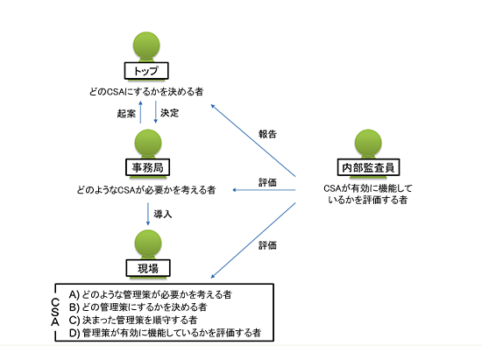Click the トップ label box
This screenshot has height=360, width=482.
coord(146,71)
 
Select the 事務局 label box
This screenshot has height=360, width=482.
coord(147,167)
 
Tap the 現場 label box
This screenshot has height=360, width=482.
coord(148,268)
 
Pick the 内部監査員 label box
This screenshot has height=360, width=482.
coord(368,167)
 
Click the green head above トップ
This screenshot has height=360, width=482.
coord(146,46)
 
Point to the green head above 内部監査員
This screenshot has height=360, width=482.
coord(368,143)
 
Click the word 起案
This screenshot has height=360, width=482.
coord(126,114)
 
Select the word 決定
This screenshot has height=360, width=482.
coord(169,113)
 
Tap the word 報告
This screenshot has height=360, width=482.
coord(267,134)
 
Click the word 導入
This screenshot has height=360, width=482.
coord(163,214)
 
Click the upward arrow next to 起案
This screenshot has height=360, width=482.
coord(141,112)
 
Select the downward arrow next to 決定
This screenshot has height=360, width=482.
coord(155,112)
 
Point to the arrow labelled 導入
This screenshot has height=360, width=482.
coord(148,214)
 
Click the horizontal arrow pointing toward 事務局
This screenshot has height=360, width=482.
coord(264,190)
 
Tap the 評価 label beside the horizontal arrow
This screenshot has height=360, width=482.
coord(267,182)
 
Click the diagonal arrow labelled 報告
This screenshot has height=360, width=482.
coord(253,141)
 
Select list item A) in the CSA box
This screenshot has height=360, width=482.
coord(150,294)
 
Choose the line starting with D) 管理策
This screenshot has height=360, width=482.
coord(165,333)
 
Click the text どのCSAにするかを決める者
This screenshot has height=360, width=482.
coord(146,92)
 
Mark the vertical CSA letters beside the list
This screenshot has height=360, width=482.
coord(55,312)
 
